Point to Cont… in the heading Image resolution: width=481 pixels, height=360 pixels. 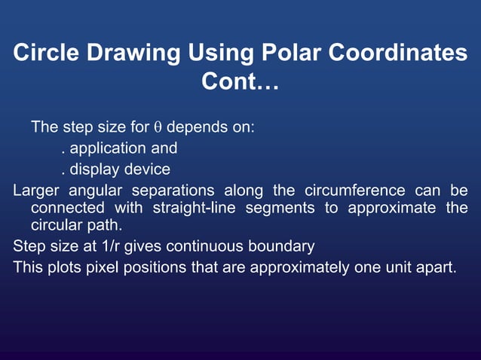click(240, 82)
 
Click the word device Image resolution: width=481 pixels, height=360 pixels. click(147, 169)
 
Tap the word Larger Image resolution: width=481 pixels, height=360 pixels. click(36, 189)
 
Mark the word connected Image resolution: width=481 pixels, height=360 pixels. click(69, 207)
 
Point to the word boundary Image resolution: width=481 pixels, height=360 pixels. click(287, 246)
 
